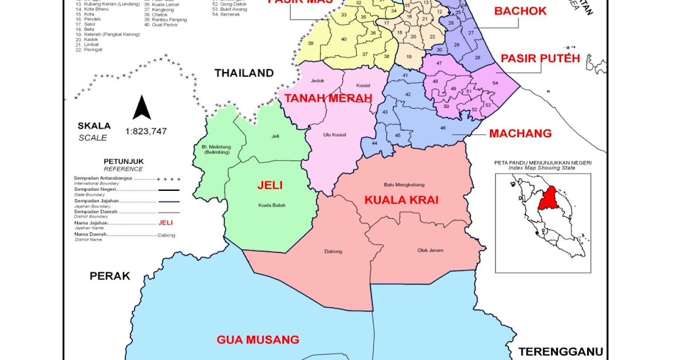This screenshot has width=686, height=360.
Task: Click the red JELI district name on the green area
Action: click(270, 185)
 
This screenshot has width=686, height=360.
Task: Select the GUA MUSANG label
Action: click(258, 339)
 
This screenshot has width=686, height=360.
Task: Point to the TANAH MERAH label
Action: click(328, 98)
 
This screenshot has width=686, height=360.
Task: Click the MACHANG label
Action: click(520, 133)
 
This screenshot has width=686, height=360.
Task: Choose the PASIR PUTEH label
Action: click(540, 58)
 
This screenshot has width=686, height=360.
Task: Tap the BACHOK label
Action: click(520, 11)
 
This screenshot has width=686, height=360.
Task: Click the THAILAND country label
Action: click(244, 73)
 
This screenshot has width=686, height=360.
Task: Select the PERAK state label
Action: click(110, 276)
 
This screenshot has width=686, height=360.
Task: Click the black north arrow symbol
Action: click(142, 107)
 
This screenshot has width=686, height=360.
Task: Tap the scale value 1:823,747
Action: click(146, 131)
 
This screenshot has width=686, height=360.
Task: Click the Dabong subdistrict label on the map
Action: click(333, 251)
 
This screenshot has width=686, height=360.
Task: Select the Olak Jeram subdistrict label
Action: click(430, 250)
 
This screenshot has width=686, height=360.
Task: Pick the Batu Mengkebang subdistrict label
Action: click(404, 185)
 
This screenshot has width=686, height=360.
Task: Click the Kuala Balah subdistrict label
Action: click(272, 205)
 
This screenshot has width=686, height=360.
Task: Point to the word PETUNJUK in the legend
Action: click(123, 161)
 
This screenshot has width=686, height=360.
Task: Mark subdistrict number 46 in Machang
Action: click(442, 128)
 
